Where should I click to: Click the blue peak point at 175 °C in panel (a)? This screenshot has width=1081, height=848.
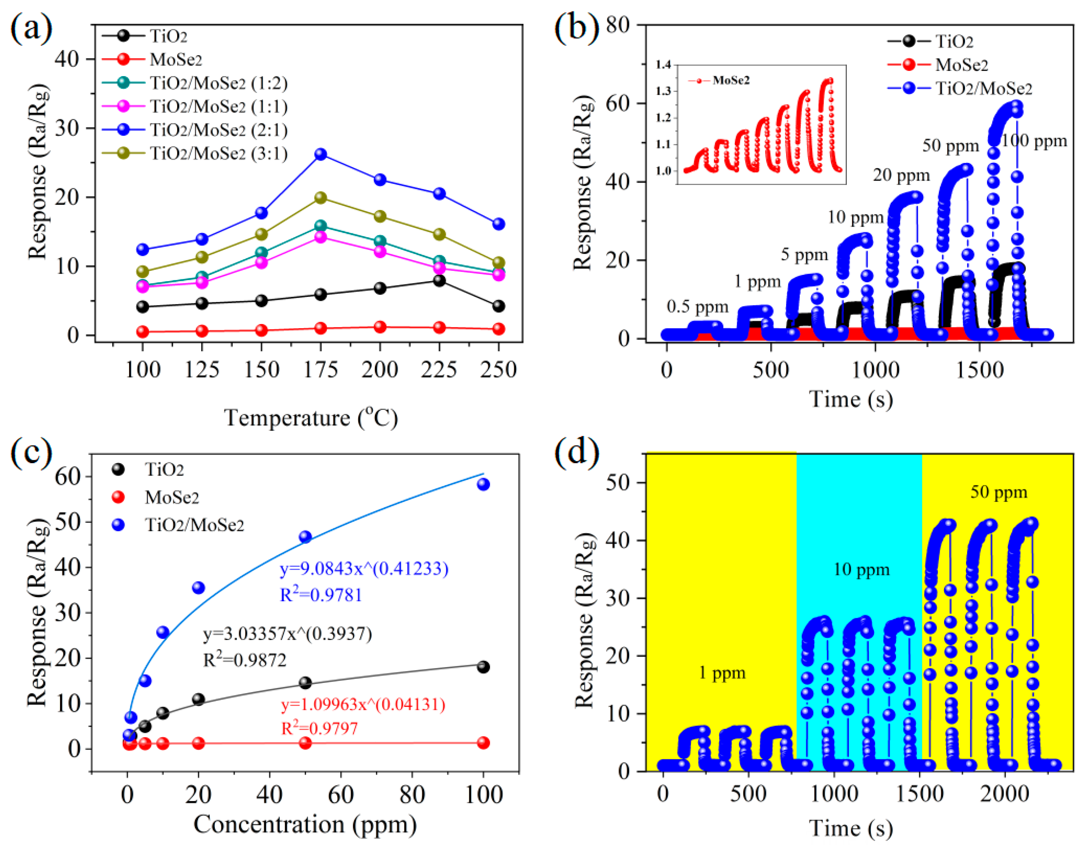(x=321, y=154)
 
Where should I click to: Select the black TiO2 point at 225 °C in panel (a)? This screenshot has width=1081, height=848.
(x=439, y=280)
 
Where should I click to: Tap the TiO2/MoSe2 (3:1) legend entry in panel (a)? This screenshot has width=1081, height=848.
(x=219, y=153)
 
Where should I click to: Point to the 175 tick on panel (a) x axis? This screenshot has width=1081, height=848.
(x=321, y=370)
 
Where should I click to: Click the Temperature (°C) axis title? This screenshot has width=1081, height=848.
(x=311, y=418)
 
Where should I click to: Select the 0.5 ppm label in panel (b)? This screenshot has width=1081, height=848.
(x=697, y=307)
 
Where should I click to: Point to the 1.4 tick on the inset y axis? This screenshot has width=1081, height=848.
(x=663, y=65)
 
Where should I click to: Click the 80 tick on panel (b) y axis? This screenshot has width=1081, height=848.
(x=618, y=25)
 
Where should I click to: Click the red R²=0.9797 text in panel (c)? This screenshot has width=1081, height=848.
(x=319, y=728)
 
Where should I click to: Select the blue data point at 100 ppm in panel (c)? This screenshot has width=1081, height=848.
(x=483, y=484)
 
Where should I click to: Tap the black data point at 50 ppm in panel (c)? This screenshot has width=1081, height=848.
(x=305, y=683)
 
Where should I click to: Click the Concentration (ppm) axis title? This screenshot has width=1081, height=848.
(x=305, y=825)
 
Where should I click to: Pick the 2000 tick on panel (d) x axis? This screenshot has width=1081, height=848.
(x=1004, y=794)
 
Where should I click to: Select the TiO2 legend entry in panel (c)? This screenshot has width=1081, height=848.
(x=164, y=469)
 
